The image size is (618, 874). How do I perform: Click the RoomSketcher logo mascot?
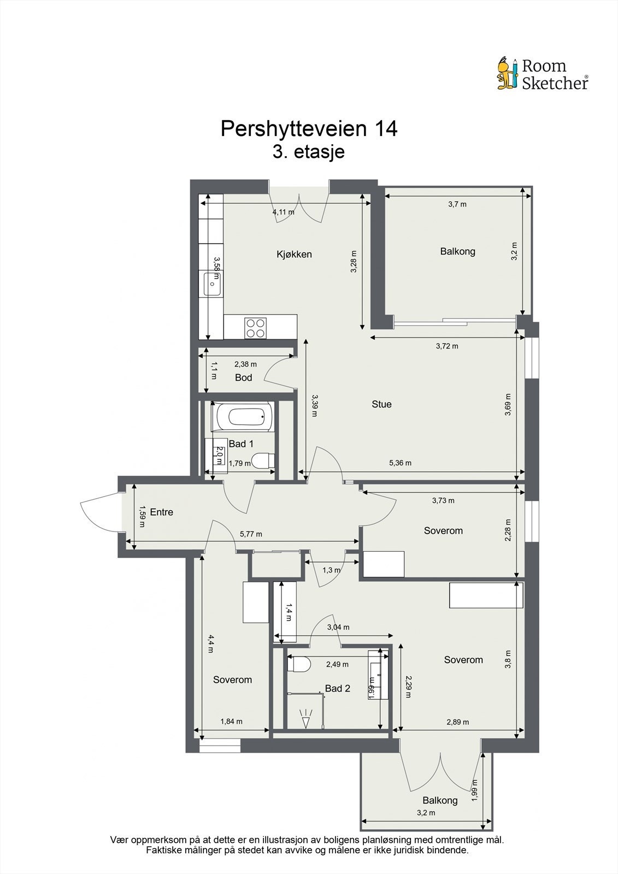pyautogui.click(x=507, y=73)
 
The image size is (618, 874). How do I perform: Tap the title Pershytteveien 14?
pyautogui.click(x=309, y=129)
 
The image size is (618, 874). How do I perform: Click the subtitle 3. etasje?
pyautogui.click(x=309, y=151)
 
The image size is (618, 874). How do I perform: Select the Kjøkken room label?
pyautogui.click(x=294, y=254)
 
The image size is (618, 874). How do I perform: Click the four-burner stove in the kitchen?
pyautogui.click(x=255, y=328)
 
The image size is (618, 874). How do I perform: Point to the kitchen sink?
pyautogui.click(x=213, y=284)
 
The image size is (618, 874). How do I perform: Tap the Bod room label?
pyautogui.click(x=243, y=377)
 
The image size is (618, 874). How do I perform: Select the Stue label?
pyautogui.click(x=381, y=404)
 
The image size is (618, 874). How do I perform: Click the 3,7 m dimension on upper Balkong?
pyautogui.click(x=457, y=204)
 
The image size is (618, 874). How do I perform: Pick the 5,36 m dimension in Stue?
pyautogui.click(x=400, y=463)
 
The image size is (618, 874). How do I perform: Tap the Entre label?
pyautogui.click(x=161, y=512)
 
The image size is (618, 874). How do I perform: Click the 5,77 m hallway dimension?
pyautogui.click(x=251, y=534)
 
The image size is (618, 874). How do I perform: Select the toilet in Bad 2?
pyautogui.click(x=299, y=664)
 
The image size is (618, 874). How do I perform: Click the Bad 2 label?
pyautogui.click(x=337, y=688)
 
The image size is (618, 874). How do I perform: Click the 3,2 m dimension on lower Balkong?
pyautogui.click(x=426, y=812)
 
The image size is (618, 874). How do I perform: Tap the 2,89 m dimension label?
pyautogui.click(x=457, y=722)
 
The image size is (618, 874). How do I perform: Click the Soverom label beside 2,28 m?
pyautogui.click(x=443, y=530)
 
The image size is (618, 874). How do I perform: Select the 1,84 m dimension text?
pyautogui.click(x=231, y=721)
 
